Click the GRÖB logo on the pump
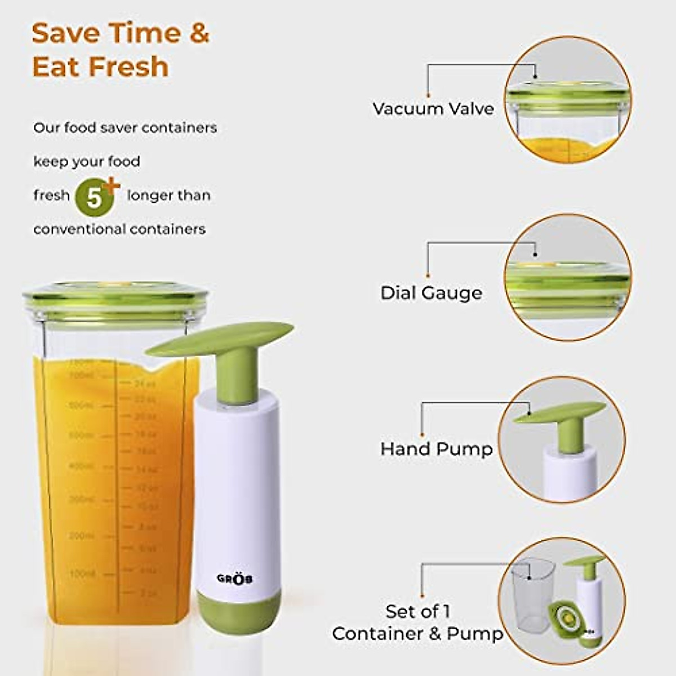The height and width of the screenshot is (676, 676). coord(234,579)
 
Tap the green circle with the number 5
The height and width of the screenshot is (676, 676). coord(95,198)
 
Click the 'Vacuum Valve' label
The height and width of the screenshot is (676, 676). coord(433,108)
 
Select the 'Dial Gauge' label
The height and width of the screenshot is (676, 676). coord(431,293)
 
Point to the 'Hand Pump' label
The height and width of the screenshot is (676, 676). coord(436,449)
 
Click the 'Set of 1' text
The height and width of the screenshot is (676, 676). coord(418,611)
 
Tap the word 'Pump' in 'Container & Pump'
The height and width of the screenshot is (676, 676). coord(474,634)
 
